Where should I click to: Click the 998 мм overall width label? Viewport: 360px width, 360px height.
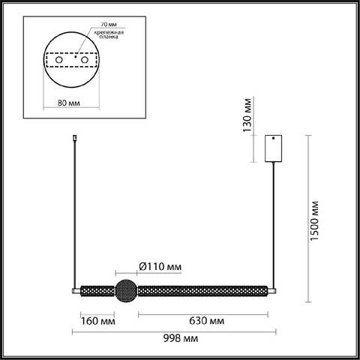181,338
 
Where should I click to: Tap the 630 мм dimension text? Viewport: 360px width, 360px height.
206,320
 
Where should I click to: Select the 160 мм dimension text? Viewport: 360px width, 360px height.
98,321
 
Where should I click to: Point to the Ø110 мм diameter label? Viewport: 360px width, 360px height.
160,267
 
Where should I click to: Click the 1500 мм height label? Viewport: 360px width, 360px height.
315,220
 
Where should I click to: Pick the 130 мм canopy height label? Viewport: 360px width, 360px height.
247,115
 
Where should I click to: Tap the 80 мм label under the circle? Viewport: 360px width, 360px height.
69,103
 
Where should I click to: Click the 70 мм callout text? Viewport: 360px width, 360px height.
109,25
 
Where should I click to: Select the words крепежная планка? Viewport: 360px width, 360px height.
109,34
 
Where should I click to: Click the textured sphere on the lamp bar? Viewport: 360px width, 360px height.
126,291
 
